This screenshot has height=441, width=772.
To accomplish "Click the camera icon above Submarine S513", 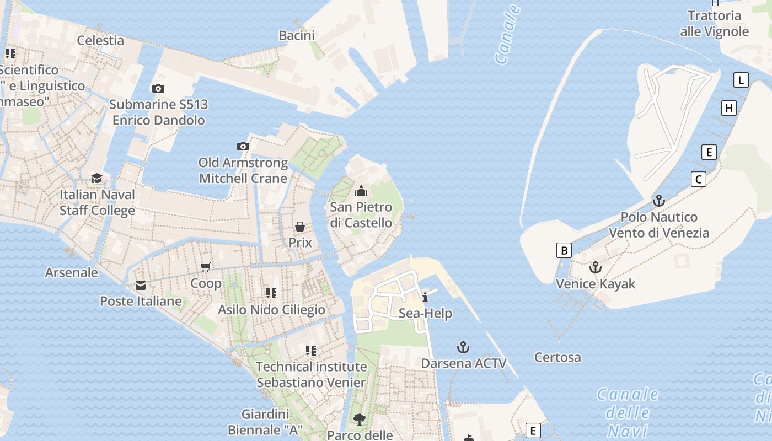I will point(158,88).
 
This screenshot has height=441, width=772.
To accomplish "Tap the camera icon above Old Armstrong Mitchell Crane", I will point(243,146).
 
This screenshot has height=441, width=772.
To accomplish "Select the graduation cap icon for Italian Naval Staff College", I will point(97,178).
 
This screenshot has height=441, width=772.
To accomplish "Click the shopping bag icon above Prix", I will point(300,227).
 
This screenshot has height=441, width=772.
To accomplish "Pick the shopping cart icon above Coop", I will point(206,267).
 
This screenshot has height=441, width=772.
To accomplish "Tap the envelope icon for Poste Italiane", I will point(141,286).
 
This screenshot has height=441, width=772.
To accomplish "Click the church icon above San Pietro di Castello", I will point(361,191).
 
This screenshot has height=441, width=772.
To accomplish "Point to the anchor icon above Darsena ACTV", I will point(463,347).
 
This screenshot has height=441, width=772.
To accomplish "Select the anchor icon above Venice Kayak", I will point(596,268).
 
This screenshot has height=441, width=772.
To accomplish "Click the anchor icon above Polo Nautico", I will point(658,201).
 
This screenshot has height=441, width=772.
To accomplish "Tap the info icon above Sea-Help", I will point(425,298).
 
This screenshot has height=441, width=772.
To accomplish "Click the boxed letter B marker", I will point(564,250).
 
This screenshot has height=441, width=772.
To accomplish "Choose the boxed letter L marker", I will point(741,80).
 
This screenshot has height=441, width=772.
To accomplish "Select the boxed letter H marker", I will point(729,108).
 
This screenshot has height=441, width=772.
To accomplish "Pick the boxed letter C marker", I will point(699,179).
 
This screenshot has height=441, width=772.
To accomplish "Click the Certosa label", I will point(557,357).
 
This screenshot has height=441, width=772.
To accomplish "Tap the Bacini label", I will point(297,36).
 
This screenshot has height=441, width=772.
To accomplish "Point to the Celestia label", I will point(100,40).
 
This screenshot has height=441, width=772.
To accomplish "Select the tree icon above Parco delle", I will point(360,419).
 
